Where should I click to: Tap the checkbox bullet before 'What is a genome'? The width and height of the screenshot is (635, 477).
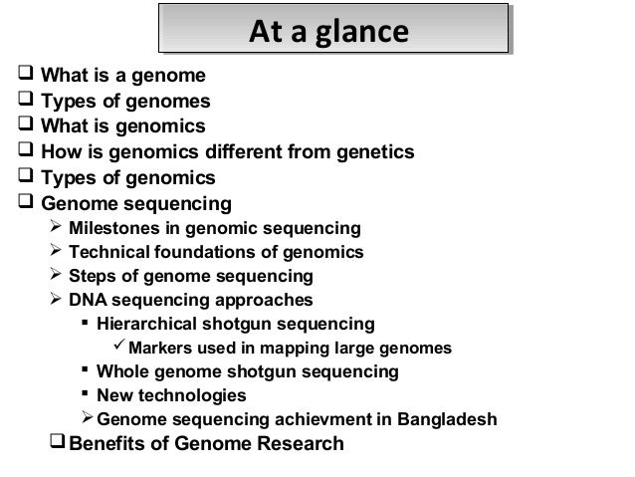click(x=11, y=75)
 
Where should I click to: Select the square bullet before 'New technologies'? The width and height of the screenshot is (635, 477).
click(x=86, y=395)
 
